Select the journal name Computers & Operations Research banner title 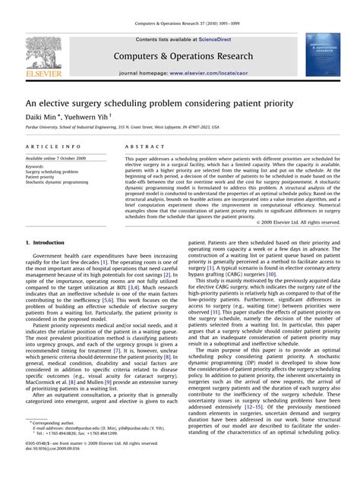point(180,55)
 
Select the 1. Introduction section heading point(45,243)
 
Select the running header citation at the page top point(180,7)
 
